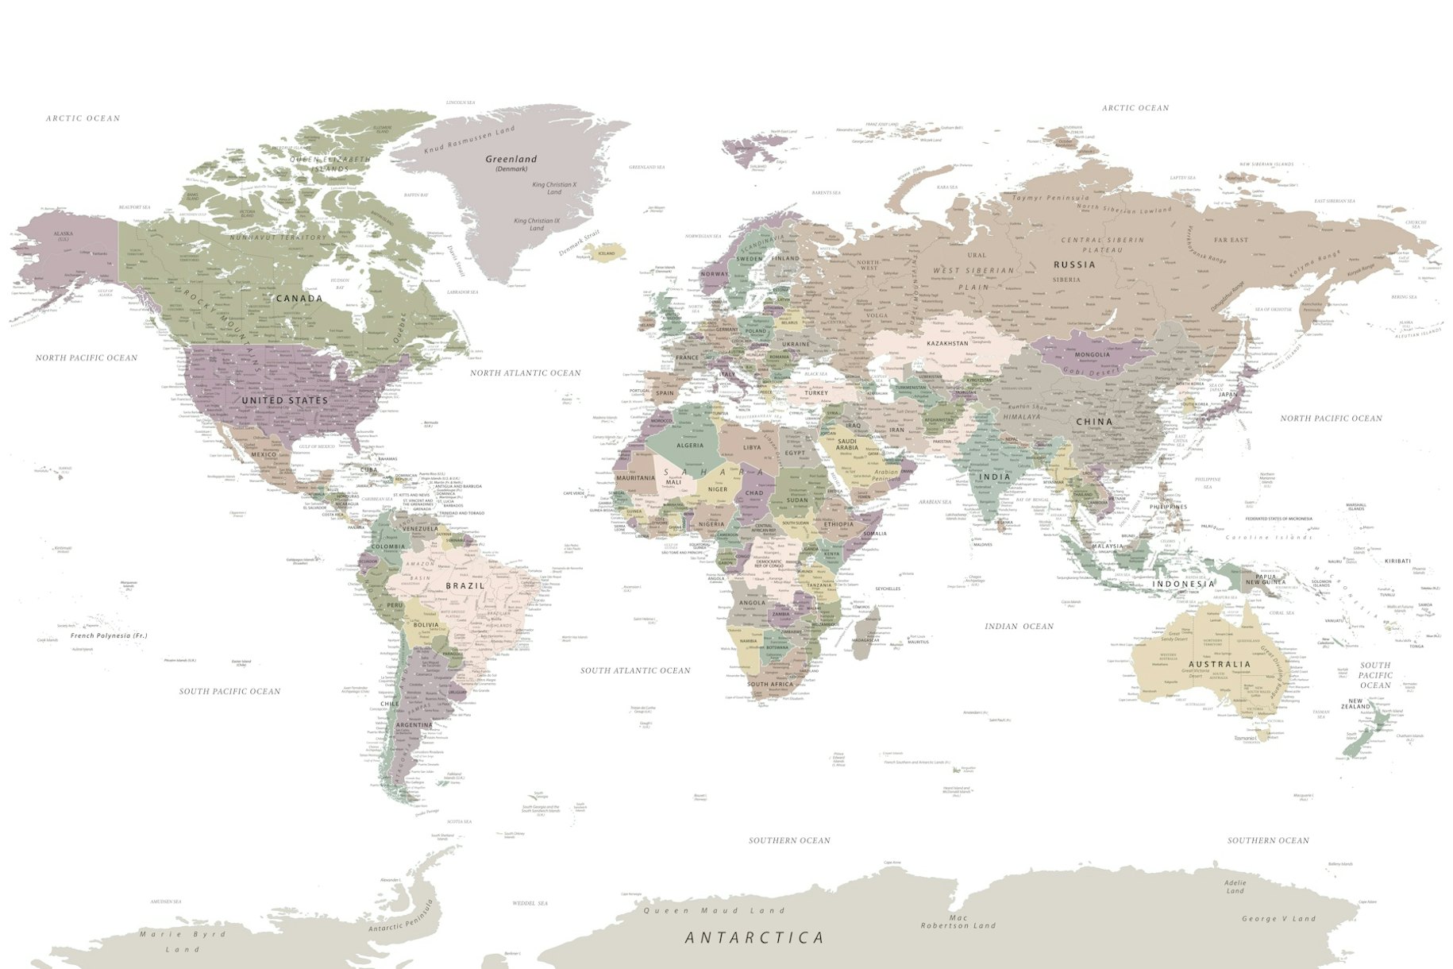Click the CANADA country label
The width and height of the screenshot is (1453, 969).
[299, 299]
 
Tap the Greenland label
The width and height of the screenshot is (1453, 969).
[511, 160]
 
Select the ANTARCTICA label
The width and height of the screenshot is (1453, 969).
[754, 938]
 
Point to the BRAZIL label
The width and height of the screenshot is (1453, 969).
[465, 585]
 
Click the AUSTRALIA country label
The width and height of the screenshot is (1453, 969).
[1220, 664]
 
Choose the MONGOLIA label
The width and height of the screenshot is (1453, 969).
[1093, 355]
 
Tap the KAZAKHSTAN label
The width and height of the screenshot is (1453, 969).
[947, 343]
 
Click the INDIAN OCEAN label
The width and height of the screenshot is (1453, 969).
[1019, 627]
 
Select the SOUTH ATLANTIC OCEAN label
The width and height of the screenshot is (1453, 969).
[635, 670]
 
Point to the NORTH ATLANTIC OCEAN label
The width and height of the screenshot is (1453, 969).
[525, 373]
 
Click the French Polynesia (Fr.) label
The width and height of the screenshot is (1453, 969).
[109, 635]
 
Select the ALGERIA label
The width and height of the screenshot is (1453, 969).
[690, 446]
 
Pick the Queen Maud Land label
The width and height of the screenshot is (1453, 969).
[713, 911]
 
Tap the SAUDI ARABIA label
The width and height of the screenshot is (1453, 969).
[847, 444]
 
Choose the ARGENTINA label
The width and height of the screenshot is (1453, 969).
[414, 725]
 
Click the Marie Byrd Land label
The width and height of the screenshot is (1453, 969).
[183, 941]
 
